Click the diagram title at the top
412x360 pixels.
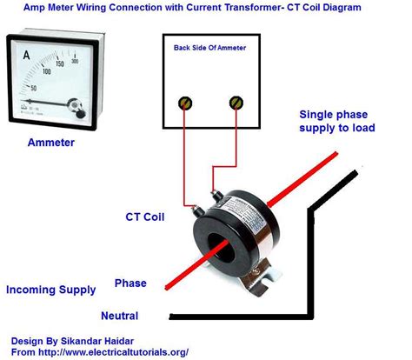pos(206,7)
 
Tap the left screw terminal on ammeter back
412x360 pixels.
pos(184,103)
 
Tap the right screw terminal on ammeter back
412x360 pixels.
pos(234,103)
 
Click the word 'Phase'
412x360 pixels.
pos(130,283)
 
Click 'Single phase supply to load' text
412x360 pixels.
pos(343,123)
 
